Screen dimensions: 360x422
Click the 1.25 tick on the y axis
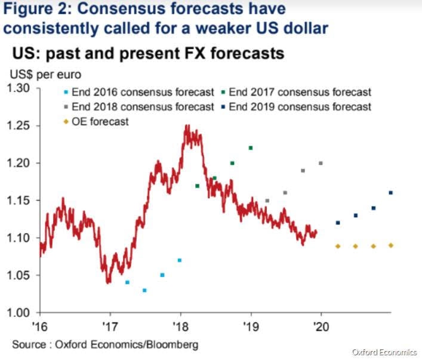[x=23, y=126]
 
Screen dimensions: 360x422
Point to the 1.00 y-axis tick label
[x=23, y=313]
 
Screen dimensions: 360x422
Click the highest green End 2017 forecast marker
[x=251, y=148]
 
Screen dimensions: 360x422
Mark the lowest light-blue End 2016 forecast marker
[x=144, y=290]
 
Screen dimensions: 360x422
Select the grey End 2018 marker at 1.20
[x=321, y=163]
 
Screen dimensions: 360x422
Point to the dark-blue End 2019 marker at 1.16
[x=391, y=193]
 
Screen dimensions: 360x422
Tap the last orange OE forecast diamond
[x=391, y=245]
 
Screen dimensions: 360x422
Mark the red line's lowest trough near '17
[x=108, y=282]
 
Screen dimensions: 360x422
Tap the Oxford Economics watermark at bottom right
[x=384, y=352]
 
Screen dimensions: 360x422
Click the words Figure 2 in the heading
[x=35, y=10]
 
